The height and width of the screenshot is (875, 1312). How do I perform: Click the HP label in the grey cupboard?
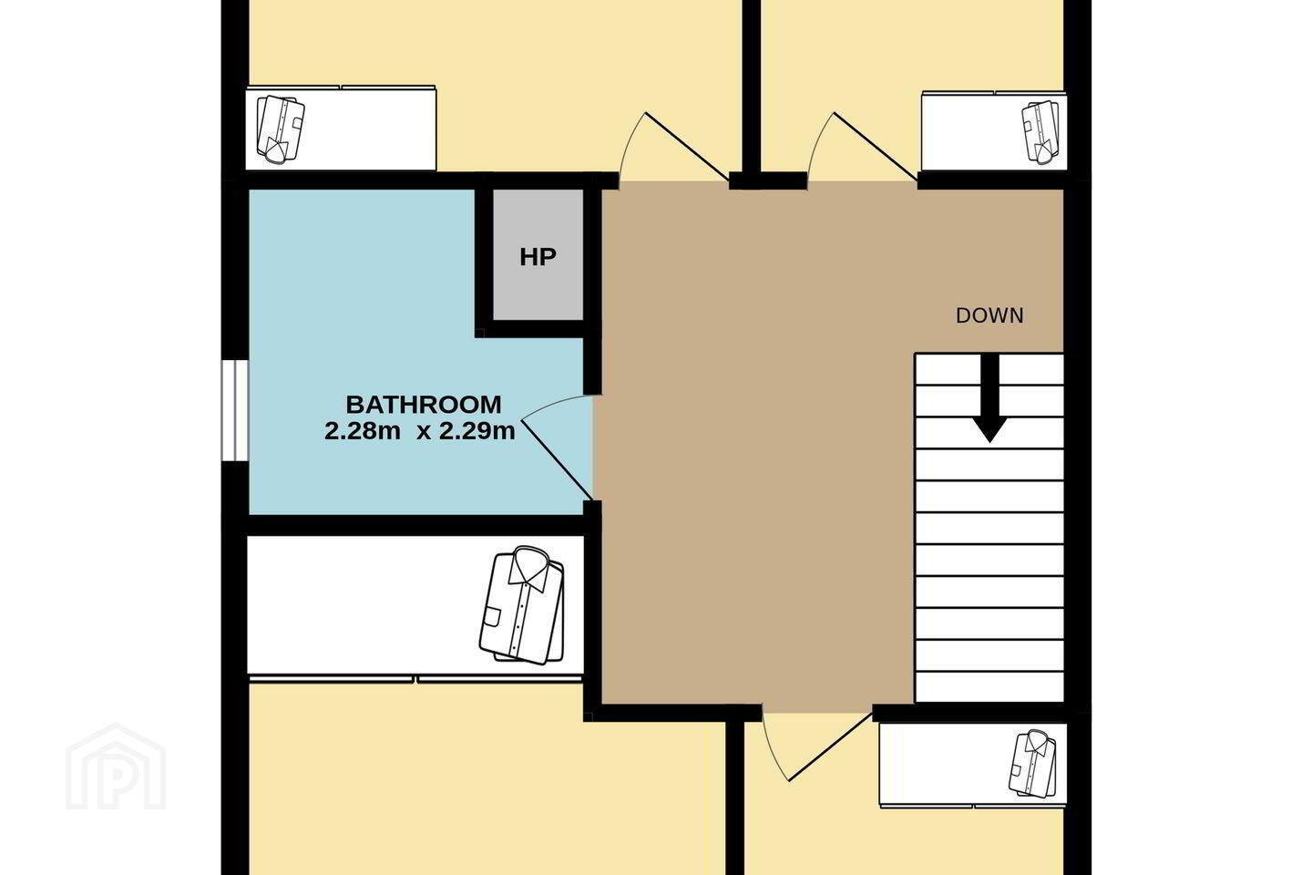click(x=538, y=257)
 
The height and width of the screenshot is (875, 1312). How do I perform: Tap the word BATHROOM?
click(x=424, y=405)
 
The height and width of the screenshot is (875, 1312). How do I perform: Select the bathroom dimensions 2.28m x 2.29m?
click(x=420, y=431)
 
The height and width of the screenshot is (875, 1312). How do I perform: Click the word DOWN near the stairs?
click(x=989, y=316)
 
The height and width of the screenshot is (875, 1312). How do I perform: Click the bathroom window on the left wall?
click(x=234, y=410)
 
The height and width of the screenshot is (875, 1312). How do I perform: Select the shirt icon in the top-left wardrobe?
click(x=282, y=129)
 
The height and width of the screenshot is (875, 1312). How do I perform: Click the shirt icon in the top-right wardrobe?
click(x=1040, y=132)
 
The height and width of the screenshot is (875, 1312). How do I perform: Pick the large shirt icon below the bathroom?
click(x=522, y=605)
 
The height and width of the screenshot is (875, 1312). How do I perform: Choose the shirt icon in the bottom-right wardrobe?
click(x=1033, y=763)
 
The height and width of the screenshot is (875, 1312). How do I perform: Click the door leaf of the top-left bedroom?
click(x=687, y=146)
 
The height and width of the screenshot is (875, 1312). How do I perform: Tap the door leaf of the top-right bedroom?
click(x=875, y=146)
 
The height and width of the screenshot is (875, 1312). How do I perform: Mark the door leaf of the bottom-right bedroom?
click(x=831, y=746)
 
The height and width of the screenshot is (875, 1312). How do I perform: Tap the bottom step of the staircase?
click(x=989, y=687)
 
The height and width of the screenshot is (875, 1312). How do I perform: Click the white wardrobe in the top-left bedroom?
click(x=341, y=128)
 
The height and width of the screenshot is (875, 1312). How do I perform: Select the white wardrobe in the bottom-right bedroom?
click(x=973, y=765)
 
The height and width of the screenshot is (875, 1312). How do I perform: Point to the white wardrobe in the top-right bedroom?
click(x=994, y=131)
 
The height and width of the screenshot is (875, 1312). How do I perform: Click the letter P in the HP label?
click(x=547, y=257)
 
